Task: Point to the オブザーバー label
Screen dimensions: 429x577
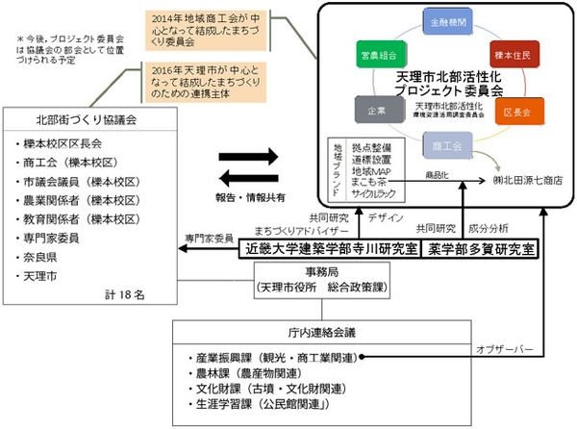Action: click(502, 347)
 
